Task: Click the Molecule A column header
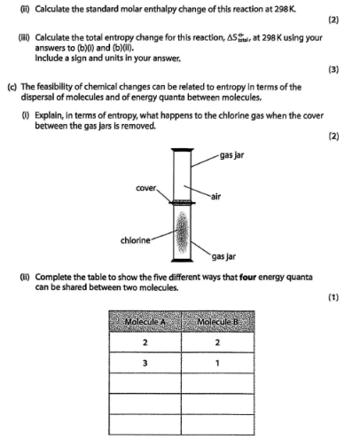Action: [145, 322]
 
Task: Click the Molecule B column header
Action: [218, 322]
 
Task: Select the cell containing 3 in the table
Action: [145, 363]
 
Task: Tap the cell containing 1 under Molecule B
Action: [218, 363]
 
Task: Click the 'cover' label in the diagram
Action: [145, 188]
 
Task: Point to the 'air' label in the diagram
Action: [215, 197]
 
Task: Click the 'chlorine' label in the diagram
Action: [136, 240]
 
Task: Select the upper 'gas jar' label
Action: [231, 155]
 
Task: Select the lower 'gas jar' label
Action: [223, 256]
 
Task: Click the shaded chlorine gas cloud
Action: [182, 232]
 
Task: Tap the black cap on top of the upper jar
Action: [183, 150]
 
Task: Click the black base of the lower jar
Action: [182, 260]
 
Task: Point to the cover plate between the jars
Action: [182, 202]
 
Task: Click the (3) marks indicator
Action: [333, 69]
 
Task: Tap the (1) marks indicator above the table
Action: [333, 297]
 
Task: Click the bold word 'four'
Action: [247, 278]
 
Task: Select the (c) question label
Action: [12, 87]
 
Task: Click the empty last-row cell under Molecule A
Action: [145, 425]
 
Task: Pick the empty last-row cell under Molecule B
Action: [218, 425]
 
